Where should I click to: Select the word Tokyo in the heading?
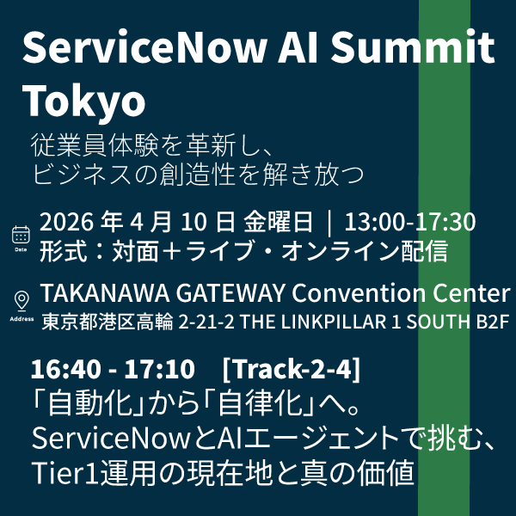point(83,101)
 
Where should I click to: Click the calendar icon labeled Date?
point(21,234)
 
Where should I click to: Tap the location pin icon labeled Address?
point(21,301)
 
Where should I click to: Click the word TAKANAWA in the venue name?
point(96,293)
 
